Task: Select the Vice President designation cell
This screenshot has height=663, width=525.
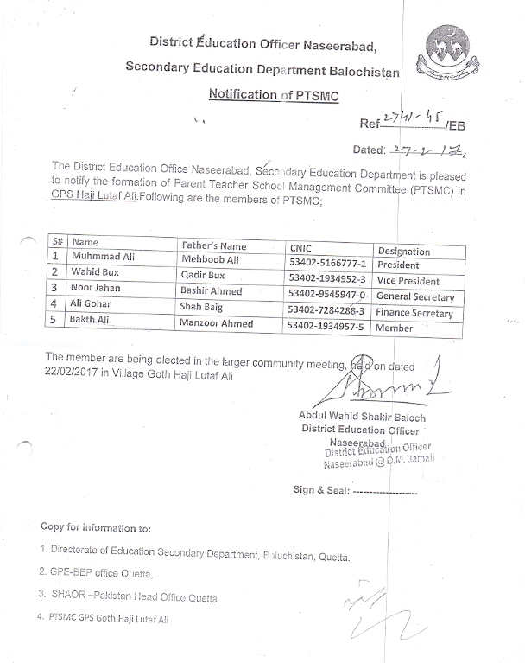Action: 408,281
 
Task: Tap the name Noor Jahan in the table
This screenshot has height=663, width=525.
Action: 98,288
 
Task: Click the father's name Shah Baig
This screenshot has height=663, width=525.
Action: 204,307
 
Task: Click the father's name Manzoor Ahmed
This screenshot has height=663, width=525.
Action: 218,323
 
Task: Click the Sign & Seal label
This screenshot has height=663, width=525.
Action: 321,490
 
